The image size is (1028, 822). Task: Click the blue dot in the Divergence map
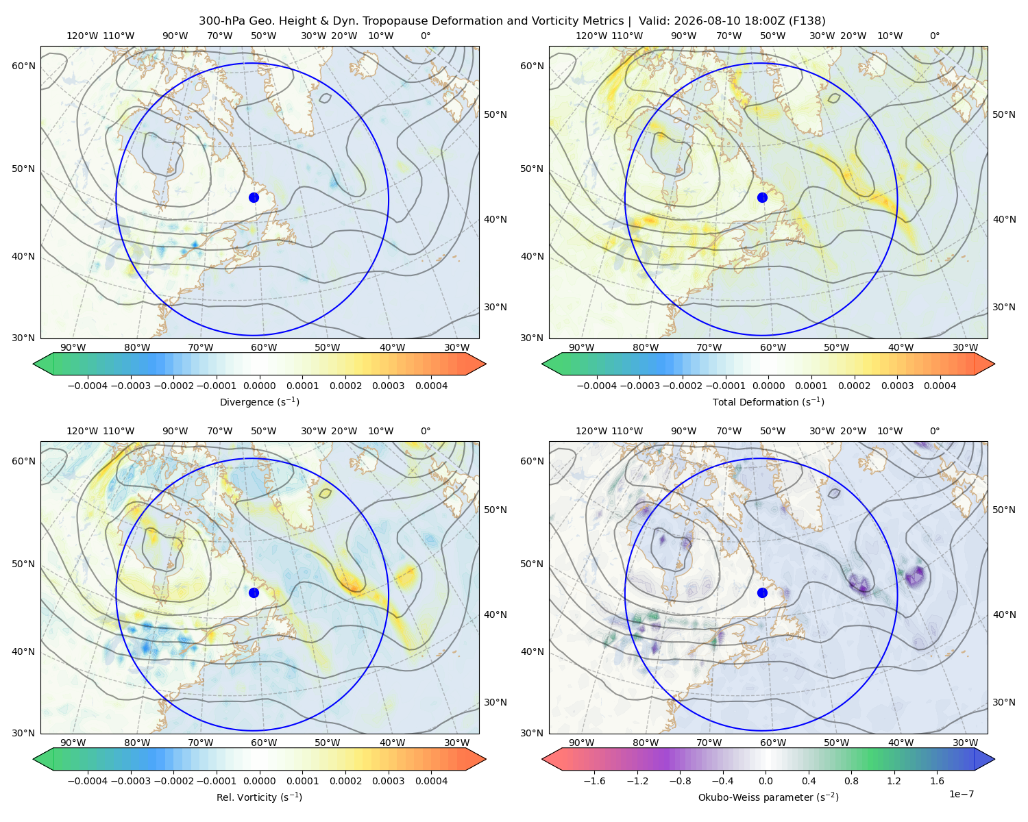[254, 198]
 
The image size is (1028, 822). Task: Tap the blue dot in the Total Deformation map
[762, 198]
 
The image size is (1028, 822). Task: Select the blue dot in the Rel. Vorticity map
[254, 593]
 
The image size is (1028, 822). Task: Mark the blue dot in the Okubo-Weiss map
[762, 593]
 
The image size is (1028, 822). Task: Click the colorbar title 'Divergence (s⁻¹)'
[259, 401]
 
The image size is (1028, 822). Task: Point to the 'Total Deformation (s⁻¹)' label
[768, 401]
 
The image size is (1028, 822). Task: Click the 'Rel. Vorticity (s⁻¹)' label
[259, 797]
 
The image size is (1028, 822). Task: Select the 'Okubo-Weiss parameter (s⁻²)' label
[768, 797]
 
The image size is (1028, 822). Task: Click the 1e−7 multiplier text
[961, 795]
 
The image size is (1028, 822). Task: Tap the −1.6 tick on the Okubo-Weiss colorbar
[594, 781]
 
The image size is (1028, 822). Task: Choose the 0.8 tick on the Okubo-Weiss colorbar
[851, 781]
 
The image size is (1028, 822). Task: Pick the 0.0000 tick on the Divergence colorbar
[259, 386]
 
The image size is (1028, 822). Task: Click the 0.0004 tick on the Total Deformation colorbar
[940, 386]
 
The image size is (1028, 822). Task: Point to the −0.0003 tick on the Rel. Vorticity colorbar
[130, 781]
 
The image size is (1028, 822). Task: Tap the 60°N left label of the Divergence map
[23, 66]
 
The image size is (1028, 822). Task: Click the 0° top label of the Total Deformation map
[934, 36]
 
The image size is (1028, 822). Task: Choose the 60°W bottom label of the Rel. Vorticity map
[264, 743]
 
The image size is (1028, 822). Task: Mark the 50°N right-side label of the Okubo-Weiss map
[1003, 510]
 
